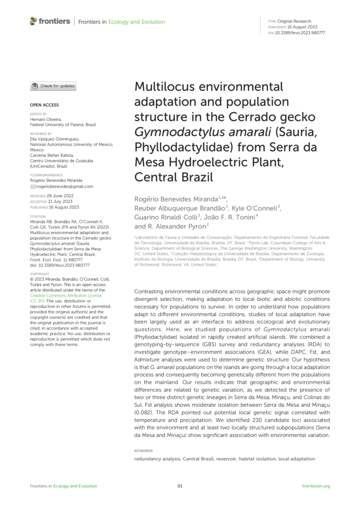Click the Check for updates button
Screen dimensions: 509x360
tap(53, 86)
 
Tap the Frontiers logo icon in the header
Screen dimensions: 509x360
tap(33, 21)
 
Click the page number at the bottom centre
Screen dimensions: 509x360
tap(180, 486)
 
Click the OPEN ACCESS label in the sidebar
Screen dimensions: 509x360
tap(38, 105)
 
